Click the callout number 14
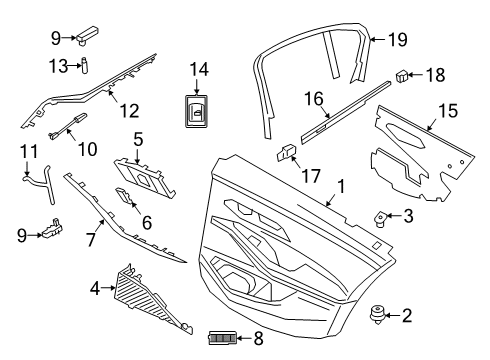pyautogui.click(x=199, y=70)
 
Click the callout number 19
pyautogui.click(x=397, y=40)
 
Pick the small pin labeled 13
pyautogui.click(x=87, y=66)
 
